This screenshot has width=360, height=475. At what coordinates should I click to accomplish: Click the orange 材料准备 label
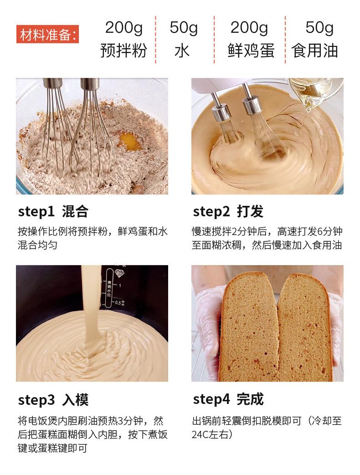[x=47, y=34]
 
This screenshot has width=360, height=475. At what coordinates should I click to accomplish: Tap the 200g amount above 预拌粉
[x=124, y=28]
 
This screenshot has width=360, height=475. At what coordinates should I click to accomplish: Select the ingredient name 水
[x=182, y=51]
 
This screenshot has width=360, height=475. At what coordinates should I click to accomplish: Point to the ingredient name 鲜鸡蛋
[x=251, y=51]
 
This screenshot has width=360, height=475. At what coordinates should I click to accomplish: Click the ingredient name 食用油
[x=314, y=51]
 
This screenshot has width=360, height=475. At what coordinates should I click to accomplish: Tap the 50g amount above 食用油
[x=319, y=28]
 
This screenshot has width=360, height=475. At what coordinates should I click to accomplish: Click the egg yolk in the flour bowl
[x=129, y=141]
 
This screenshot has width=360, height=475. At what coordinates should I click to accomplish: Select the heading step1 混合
[x=53, y=211]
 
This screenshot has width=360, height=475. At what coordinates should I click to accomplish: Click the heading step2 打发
[x=228, y=211]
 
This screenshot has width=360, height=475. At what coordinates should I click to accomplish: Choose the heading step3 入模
[x=53, y=399]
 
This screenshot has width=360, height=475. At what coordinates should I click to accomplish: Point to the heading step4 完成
[x=228, y=399]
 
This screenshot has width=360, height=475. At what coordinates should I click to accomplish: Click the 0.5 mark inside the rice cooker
[x=118, y=303]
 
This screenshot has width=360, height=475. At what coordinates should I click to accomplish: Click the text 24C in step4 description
[x=201, y=435]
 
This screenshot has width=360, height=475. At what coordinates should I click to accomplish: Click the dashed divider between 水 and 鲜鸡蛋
[x=214, y=40]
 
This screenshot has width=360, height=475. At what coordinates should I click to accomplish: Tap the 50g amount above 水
[x=184, y=28]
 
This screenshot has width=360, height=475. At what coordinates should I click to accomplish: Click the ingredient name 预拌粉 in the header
[x=123, y=51]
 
